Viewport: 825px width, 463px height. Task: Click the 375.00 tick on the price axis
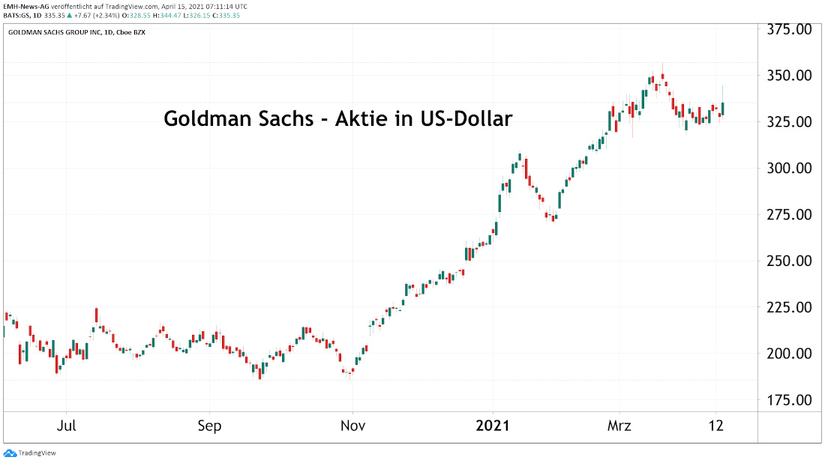tap(787, 29)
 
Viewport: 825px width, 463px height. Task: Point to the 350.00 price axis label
tap(787, 76)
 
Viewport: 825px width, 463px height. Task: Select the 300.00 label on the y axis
tap(787, 168)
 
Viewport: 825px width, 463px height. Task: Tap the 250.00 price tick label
tap(787, 261)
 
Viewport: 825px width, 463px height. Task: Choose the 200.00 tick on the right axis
tap(787, 354)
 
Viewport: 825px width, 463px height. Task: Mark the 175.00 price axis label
tap(787, 400)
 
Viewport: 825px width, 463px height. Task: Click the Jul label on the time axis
tap(67, 426)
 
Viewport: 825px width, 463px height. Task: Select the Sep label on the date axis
tap(209, 426)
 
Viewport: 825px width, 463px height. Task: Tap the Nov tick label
tap(352, 426)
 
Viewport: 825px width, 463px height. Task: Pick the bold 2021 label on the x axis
tap(493, 426)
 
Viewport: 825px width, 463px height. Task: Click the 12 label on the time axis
tap(716, 426)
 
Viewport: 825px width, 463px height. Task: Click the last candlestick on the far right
tap(723, 109)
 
